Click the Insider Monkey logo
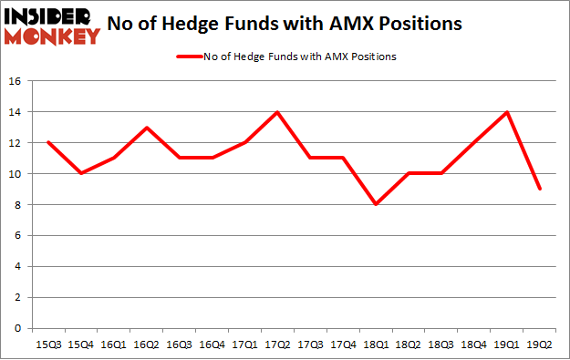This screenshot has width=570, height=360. tap(53, 26)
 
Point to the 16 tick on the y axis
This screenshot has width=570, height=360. tap(19, 81)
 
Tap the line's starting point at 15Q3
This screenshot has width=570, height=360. tap(48, 143)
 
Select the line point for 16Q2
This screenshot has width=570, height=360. tap(145, 128)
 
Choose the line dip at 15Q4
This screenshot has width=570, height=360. tap(80, 174)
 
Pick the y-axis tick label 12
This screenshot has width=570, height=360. tap(19, 143)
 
